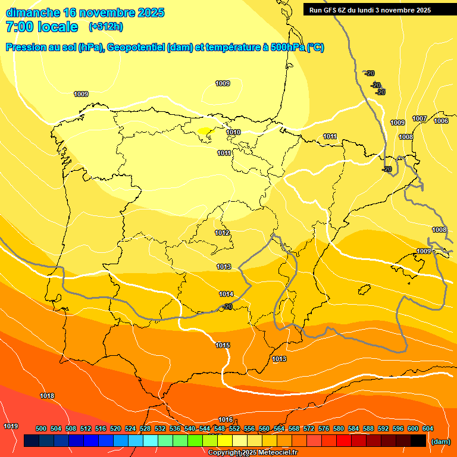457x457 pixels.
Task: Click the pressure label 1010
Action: point(233,132)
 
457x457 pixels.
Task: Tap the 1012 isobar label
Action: point(223,233)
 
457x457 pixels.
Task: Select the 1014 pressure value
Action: point(226,294)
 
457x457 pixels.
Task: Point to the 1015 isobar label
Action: point(223,345)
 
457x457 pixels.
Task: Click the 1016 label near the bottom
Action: point(226,420)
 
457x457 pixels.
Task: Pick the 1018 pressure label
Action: point(47,396)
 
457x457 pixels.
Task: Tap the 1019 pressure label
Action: point(11,426)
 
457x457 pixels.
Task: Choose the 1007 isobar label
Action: point(420,118)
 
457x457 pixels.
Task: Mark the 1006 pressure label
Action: point(441,121)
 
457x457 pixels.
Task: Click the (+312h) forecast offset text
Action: point(106,27)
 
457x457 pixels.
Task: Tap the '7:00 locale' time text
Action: point(42,27)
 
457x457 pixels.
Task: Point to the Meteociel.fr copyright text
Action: point(252,452)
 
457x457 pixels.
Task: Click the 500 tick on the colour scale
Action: point(41,428)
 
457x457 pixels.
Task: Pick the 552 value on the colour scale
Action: point(234,428)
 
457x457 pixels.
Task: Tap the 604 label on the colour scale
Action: point(427,428)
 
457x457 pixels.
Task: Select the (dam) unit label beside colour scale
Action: point(441,442)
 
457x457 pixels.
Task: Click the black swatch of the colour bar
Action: point(418,441)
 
